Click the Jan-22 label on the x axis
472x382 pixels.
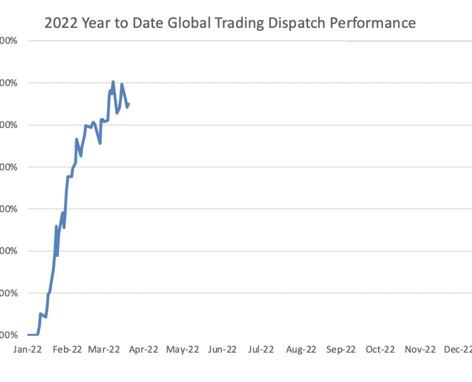coord(27,349)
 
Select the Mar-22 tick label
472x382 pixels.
coord(105,349)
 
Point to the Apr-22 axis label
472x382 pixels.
coord(144,349)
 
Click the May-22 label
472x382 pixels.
coord(183,349)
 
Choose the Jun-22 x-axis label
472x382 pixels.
coord(222,349)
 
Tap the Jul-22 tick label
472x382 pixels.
coord(261,349)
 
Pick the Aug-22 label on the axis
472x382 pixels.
coord(301,349)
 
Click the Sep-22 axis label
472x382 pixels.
coord(340,349)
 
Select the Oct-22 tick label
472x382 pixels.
coord(380,349)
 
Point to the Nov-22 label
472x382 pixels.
coord(419,349)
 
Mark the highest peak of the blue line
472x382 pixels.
coord(113,82)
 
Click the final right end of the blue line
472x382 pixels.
coord(129,103)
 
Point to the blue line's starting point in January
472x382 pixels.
coord(28,335)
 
